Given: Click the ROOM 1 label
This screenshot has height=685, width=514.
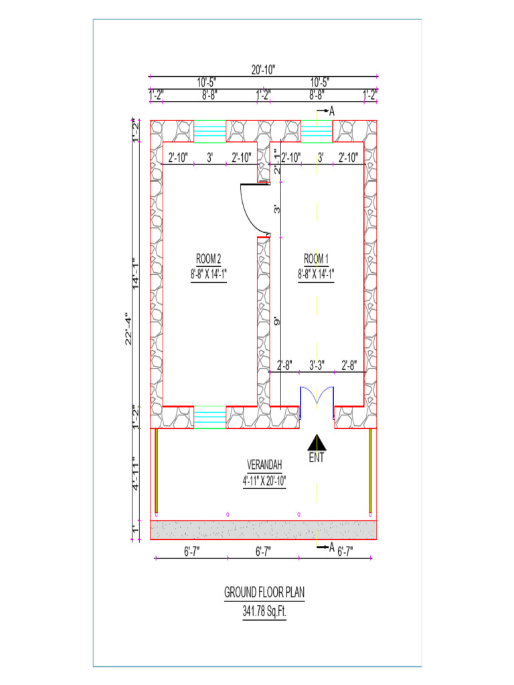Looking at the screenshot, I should coord(316,259).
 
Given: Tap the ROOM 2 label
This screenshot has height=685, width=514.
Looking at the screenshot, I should coord(208,259).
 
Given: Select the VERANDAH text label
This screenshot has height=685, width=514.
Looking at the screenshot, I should coord(264,464).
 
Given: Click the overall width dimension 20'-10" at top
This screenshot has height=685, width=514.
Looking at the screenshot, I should coord(264,70).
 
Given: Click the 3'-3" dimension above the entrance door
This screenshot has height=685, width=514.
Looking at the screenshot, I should coord(317,365).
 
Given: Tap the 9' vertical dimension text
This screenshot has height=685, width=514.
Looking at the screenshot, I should coord(275,322).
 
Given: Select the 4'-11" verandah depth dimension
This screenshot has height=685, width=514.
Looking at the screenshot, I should coord(136,474).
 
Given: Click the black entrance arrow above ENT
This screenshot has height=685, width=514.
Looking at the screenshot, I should coord(317,442).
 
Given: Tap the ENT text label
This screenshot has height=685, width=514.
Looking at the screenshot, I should coord(317,459).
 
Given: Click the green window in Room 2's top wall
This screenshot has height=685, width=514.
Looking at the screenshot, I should coord(209,131).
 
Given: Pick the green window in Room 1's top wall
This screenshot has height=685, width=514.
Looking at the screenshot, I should coord(317,131).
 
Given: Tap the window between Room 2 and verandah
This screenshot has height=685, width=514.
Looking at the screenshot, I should coord(209,417).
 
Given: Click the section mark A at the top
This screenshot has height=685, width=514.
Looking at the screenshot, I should coord(331,110).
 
